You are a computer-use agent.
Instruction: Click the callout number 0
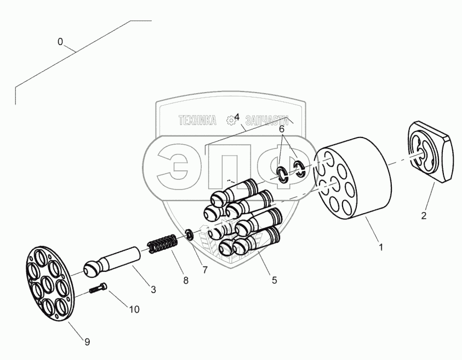[60, 41]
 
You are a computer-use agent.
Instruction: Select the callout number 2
[424, 215]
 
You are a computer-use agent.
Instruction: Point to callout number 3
[153, 289]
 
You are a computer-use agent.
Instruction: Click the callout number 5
[274, 280]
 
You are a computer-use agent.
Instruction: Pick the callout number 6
[282, 129]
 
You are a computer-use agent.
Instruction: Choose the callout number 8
[186, 280]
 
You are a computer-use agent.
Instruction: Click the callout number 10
[134, 309]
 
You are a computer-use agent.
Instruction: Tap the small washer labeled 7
[189, 235]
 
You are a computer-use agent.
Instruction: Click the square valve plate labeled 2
[431, 151]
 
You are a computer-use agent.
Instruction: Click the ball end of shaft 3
[93, 268]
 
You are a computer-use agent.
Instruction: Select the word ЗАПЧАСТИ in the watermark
[267, 120]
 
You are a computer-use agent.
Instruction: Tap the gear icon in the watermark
[230, 119]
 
